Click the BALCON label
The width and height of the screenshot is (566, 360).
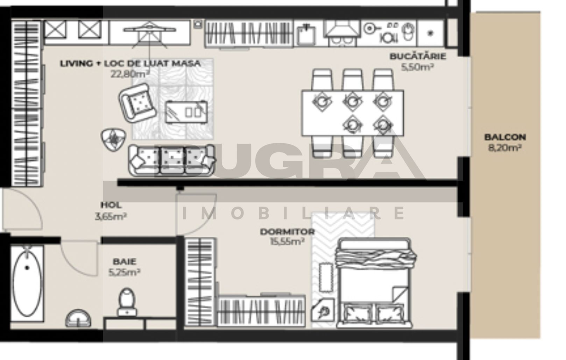tap(505, 137)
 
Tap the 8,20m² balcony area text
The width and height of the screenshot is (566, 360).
tap(505, 148)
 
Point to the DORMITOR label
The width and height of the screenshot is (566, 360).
tap(287, 232)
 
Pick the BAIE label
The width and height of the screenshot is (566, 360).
tap(125, 261)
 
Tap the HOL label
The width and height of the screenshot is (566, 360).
tap(111, 205)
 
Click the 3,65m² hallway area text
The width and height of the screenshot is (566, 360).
tap(111, 216)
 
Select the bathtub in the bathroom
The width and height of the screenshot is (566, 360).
tap(27, 283)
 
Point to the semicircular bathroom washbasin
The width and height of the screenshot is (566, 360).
tap(78, 319)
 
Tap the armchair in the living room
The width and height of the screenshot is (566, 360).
tap(138, 103)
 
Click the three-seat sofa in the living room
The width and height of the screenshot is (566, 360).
tap(171, 160)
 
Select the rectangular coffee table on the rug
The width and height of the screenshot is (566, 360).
tap(186, 112)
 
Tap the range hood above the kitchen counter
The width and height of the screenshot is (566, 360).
tap(342, 30)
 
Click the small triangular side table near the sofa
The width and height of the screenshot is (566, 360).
tap(113, 139)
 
